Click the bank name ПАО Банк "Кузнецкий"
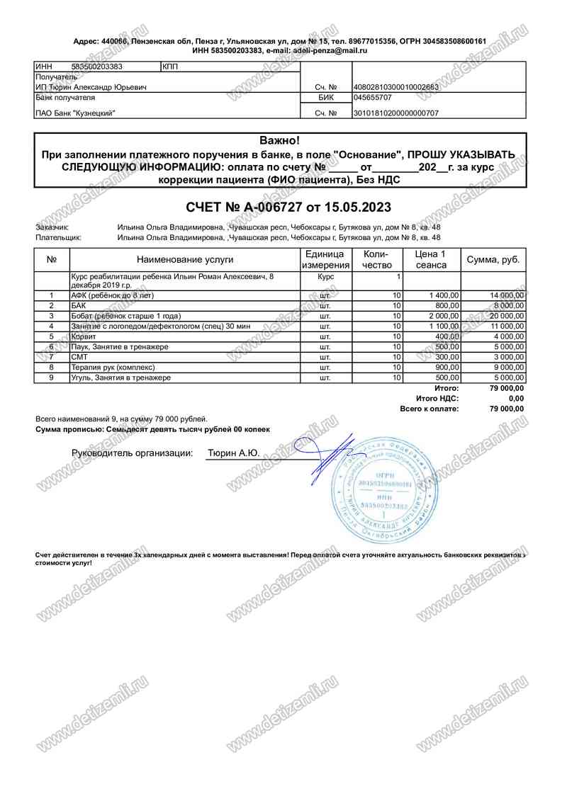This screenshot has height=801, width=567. pos(75,113)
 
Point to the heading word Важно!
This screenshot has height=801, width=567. pos(280,141)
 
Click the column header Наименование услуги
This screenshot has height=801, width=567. pos(182,260)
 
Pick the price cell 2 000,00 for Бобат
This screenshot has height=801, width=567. pos(444,316)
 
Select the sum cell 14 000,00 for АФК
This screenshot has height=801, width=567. pos(507,295)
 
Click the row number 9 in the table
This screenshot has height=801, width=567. pos(52,378)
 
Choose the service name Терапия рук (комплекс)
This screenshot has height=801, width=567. pos(113,368)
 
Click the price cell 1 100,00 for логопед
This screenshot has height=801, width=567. pos(444,326)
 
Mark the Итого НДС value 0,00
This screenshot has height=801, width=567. pos(516,399)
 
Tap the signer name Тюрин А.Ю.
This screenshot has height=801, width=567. pos(233,453)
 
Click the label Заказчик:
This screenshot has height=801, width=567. pos(52,227)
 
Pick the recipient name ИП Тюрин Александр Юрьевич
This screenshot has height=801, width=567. pos(91,87)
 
